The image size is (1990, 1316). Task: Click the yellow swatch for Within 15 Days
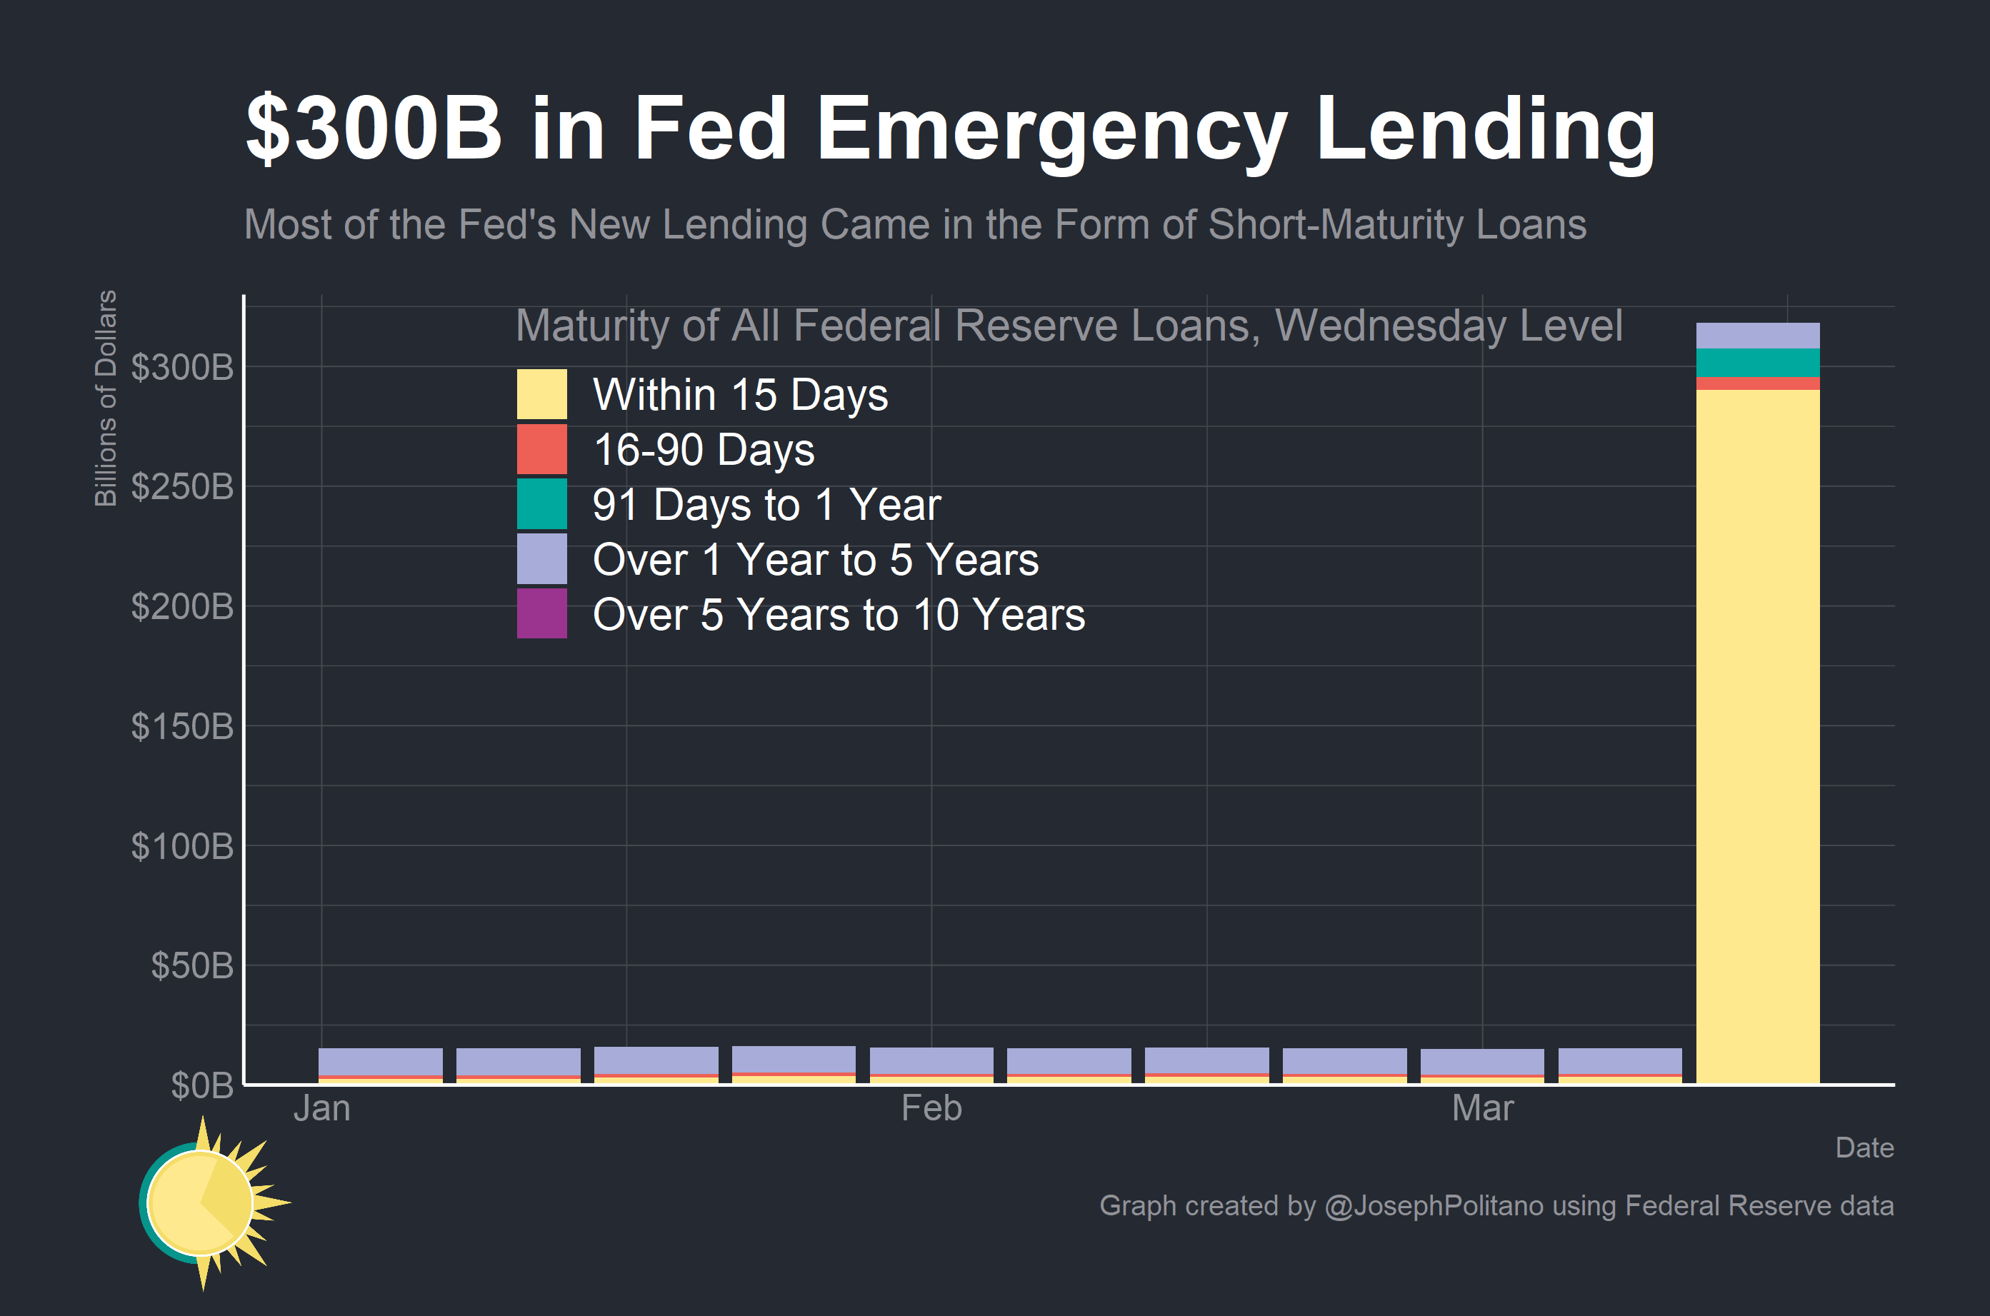click(x=541, y=393)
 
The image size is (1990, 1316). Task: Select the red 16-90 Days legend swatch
click(x=541, y=449)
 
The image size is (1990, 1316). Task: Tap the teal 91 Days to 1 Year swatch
click(x=541, y=503)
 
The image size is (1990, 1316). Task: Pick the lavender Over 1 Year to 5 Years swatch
click(x=541, y=559)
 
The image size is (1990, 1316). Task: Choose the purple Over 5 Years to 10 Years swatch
click(x=541, y=613)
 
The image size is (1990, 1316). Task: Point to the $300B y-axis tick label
click(x=182, y=368)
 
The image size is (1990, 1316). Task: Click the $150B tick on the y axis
click(x=182, y=727)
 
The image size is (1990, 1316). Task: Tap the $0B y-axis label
click(x=202, y=1086)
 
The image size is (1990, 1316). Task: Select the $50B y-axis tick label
click(x=192, y=966)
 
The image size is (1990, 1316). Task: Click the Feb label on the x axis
click(x=931, y=1109)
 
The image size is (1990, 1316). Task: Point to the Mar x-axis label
click(x=1482, y=1109)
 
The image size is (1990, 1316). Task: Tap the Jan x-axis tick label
click(x=321, y=1109)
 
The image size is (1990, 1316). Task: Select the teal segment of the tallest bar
click(x=1758, y=363)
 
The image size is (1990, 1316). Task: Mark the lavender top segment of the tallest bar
click(x=1758, y=336)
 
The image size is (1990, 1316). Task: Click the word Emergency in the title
click(x=1051, y=130)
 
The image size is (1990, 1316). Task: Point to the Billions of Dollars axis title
click(x=106, y=398)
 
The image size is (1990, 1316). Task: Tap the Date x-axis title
click(x=1864, y=1147)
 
